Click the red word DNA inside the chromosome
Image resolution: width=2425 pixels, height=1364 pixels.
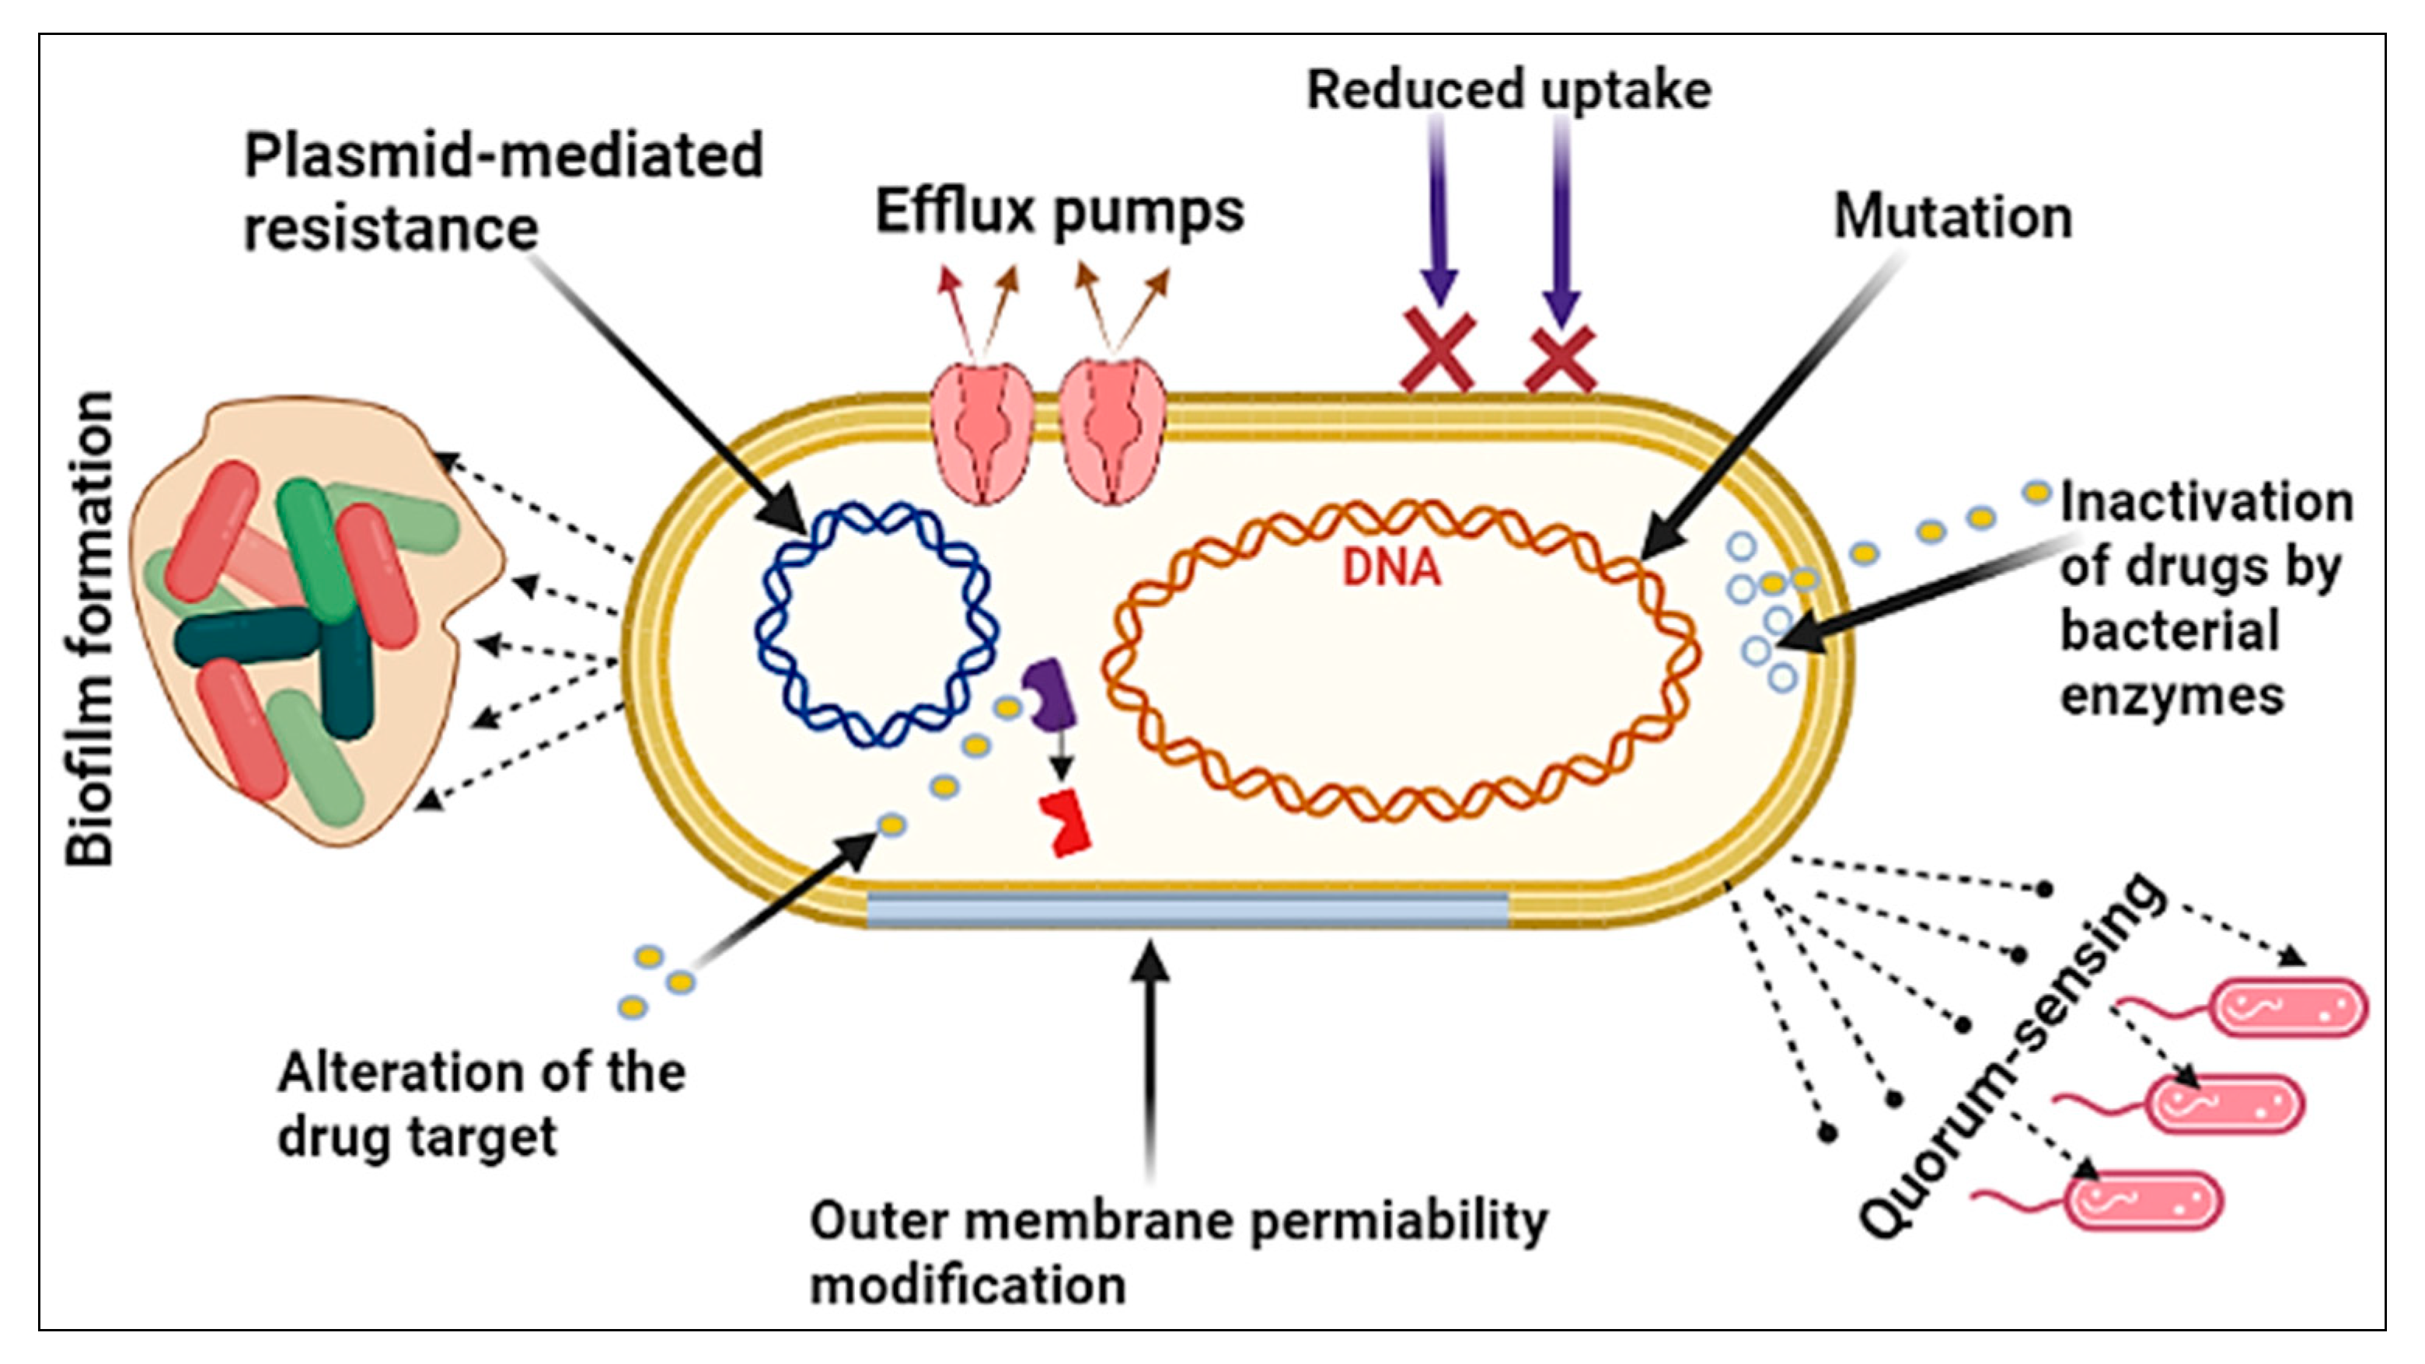tap(1391, 567)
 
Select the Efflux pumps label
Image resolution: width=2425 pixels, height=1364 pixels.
tap(1060, 213)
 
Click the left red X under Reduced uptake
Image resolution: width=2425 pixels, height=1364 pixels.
tap(1437, 351)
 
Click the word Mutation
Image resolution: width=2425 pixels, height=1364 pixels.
tap(1952, 218)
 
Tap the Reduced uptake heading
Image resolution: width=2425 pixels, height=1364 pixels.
tap(1508, 90)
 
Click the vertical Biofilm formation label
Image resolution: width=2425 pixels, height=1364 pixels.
tap(90, 628)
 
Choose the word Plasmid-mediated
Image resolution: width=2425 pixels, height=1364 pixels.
tap(504, 155)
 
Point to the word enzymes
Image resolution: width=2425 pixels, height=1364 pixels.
tap(2172, 697)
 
